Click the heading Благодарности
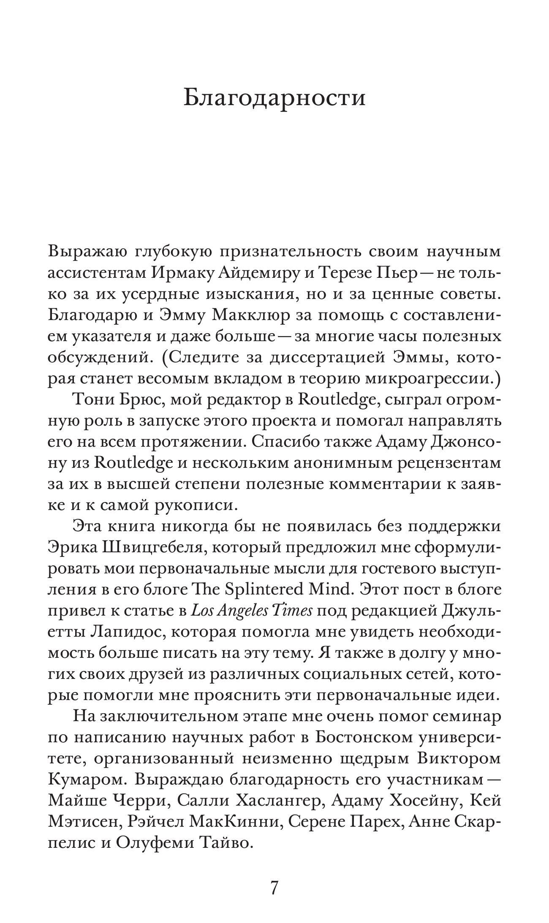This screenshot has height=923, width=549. (274, 98)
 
